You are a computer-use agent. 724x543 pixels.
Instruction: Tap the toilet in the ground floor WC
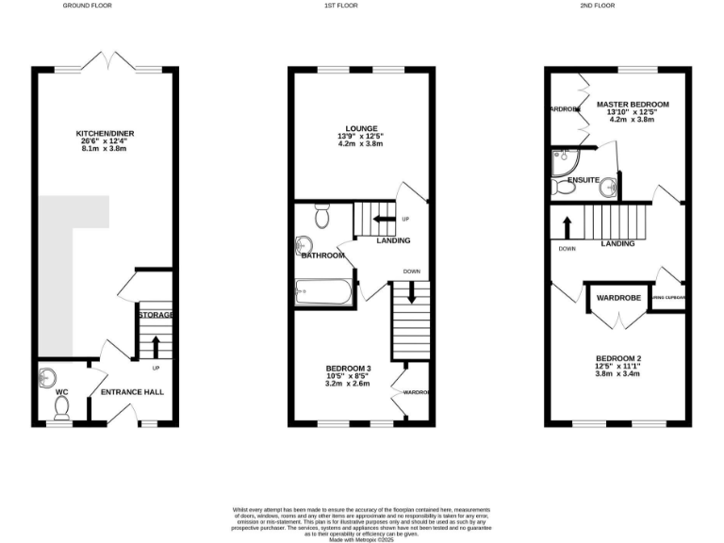62,407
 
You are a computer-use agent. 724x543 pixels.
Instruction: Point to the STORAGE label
156,314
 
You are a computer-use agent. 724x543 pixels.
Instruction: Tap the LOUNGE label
361,128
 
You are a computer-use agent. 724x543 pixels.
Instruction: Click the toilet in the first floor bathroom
321,219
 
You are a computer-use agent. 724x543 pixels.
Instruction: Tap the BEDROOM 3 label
349,368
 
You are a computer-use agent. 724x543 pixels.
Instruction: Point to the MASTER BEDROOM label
633,104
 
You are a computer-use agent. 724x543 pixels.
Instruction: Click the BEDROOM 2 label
618,358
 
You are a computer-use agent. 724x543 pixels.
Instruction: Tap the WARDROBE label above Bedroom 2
618,298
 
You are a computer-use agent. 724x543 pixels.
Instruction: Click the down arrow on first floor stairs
411,294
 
